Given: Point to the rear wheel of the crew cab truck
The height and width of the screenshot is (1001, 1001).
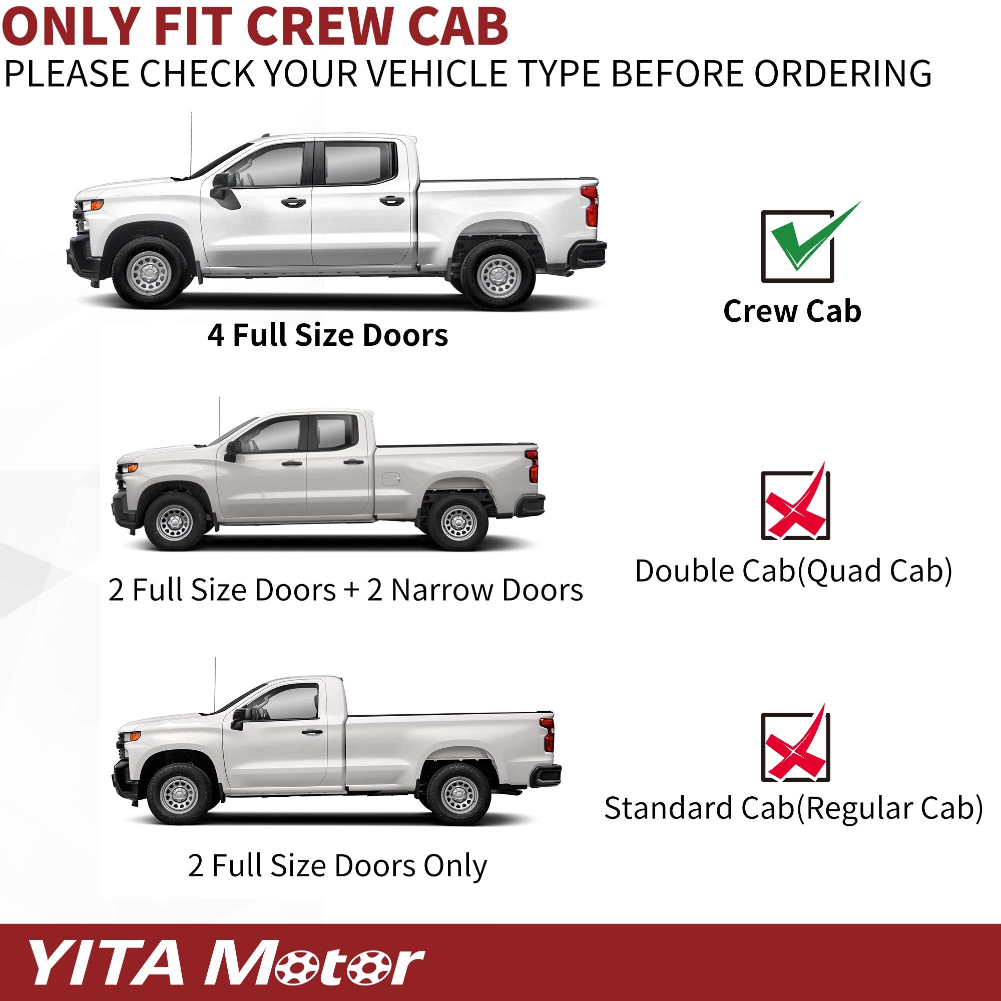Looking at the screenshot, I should click(498, 276).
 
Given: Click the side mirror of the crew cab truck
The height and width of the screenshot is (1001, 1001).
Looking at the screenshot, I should click(223, 188).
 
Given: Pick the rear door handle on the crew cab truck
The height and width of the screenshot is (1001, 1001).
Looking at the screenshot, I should click(391, 201).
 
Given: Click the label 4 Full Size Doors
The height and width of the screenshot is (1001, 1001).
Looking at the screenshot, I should click(327, 335).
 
